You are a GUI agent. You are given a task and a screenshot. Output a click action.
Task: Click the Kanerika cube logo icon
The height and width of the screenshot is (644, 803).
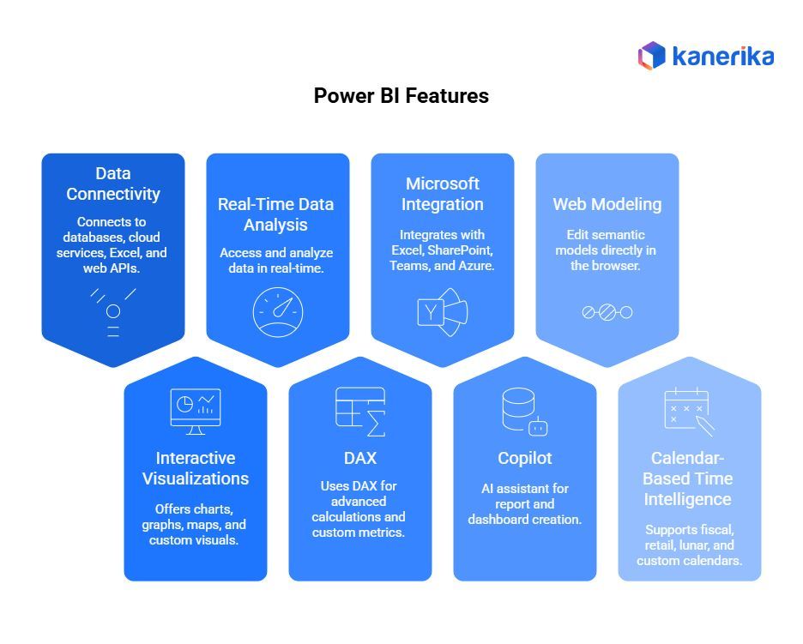pyautogui.click(x=652, y=56)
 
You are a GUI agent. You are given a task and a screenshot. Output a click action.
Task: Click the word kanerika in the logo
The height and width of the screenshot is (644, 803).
pyautogui.click(x=722, y=57)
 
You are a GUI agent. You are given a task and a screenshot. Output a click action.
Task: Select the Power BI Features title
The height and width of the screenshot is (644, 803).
pyautogui.click(x=401, y=96)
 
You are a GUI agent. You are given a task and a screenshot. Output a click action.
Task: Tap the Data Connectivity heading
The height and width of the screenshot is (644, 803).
pyautogui.click(x=113, y=184)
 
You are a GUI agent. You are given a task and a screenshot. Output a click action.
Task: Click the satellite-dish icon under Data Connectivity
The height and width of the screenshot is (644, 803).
pyautogui.click(x=113, y=311)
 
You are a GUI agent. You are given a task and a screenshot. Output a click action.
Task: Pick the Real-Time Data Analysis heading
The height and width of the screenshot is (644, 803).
pyautogui.click(x=275, y=214)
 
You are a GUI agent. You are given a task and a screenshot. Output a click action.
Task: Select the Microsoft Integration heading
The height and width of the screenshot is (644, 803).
pyautogui.click(x=443, y=194)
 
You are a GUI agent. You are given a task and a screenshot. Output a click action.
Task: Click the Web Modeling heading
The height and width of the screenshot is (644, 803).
pyautogui.click(x=607, y=204)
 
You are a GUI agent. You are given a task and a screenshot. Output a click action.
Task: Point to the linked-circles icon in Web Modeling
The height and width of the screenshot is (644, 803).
pyautogui.click(x=607, y=312)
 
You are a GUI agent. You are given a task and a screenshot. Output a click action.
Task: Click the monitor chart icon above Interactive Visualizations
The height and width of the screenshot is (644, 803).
pyautogui.click(x=196, y=411)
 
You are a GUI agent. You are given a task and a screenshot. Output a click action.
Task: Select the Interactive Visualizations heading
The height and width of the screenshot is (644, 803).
pyautogui.click(x=196, y=468)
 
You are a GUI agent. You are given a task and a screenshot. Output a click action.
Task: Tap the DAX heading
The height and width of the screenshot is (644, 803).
pyautogui.click(x=359, y=458)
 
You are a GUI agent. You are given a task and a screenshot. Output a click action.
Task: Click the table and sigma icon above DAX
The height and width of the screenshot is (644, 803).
pyautogui.click(x=360, y=412)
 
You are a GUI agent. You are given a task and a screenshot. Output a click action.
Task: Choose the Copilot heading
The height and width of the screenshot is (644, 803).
pyautogui.click(x=525, y=458)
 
